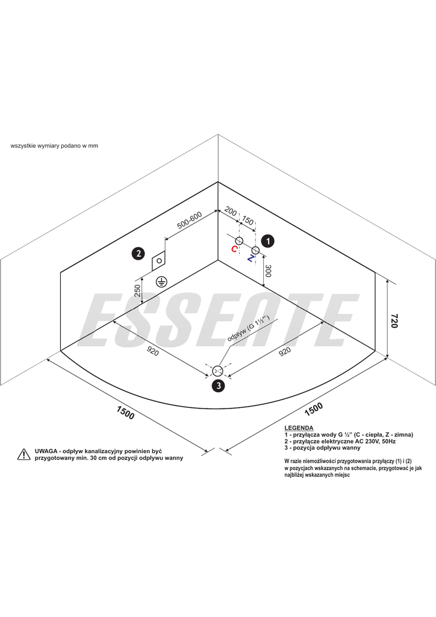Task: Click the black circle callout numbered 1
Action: [267, 240]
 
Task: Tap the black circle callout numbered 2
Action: [138, 254]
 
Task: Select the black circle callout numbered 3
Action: [217, 386]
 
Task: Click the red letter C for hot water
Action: [234, 249]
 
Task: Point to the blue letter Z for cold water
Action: [251, 258]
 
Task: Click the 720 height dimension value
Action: [394, 321]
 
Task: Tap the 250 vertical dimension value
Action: [138, 291]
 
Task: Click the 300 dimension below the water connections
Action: [269, 272]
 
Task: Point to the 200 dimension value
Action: [230, 212]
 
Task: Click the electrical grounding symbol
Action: [161, 281]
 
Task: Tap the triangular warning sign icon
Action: [23, 454]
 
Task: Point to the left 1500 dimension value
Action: [125, 413]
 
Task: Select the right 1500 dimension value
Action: [314, 409]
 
